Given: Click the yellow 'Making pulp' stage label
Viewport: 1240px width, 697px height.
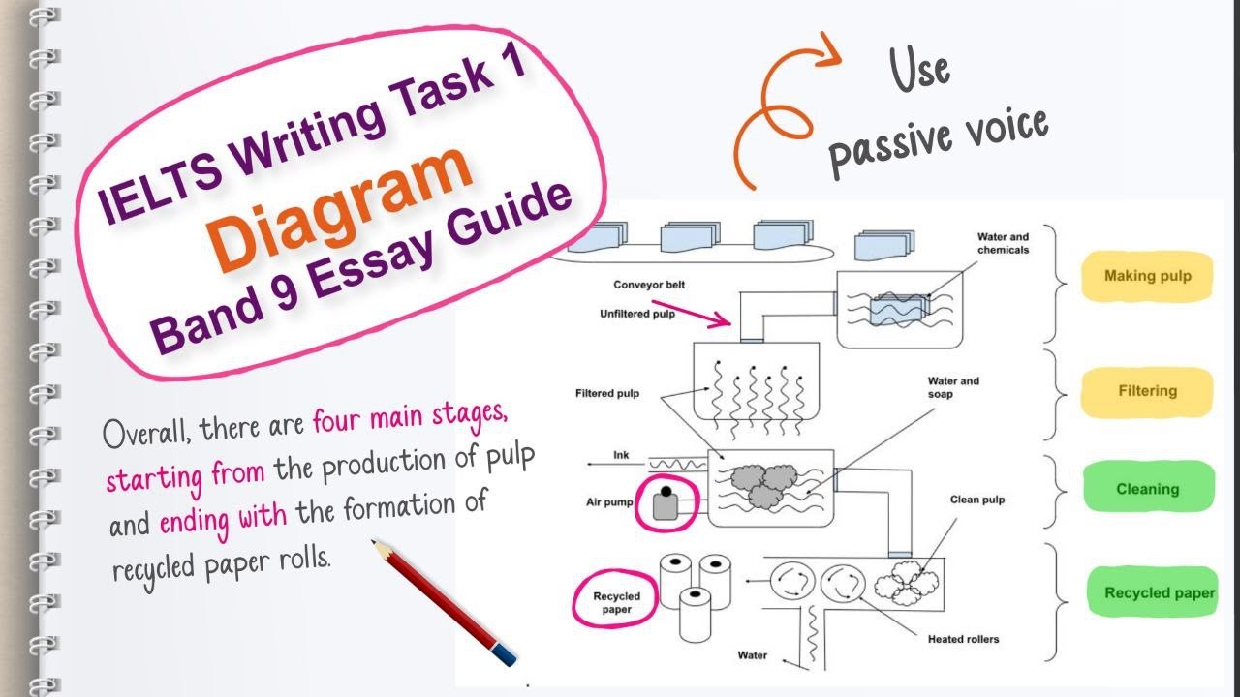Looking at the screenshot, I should coord(1147,276).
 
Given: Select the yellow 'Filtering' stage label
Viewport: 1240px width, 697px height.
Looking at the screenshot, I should coord(1147,391).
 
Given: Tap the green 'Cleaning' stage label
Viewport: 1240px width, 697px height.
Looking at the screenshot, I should coord(1147,489).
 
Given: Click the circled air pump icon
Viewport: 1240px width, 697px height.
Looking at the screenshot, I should coord(665,504).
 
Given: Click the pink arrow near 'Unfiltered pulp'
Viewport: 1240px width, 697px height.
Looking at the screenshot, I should coord(692,312).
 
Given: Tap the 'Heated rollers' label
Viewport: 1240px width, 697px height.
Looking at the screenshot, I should coord(963,639).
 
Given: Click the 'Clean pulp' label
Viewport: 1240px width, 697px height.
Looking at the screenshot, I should coord(977,500).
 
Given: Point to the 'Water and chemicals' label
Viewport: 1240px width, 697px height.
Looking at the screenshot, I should coord(1003,243).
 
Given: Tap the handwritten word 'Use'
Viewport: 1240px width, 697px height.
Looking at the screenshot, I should coord(919,71).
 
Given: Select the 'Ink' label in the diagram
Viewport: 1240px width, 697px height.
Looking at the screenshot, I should coord(622,454).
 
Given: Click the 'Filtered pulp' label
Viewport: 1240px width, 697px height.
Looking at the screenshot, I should coord(607,394).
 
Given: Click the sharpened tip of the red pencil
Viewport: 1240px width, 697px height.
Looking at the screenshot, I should coord(376,545).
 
